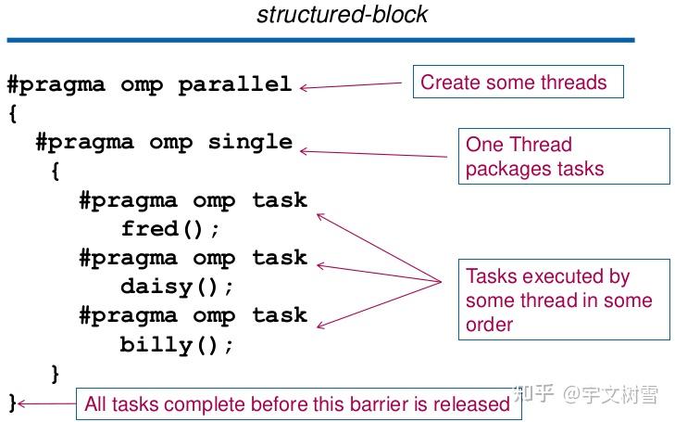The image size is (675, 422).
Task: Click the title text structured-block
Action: coord(342,14)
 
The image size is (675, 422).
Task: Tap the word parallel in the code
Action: coord(235,84)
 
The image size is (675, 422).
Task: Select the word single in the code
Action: coord(250,142)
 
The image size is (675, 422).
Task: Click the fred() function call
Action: coord(170,228)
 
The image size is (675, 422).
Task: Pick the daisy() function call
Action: coord(177,287)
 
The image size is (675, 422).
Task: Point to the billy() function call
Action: coord(177,344)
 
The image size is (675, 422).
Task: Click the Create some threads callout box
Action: coord(519,82)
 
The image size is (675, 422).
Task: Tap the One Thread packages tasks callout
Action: coord(564,156)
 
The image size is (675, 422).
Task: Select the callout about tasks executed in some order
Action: coord(564,300)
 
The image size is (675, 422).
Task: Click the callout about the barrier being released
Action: coord(299,403)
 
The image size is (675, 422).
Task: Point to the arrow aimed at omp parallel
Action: coord(351,85)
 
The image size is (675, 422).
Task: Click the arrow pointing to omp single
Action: coord(373,153)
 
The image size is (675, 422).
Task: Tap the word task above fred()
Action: coord(280,200)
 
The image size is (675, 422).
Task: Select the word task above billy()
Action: coord(280,315)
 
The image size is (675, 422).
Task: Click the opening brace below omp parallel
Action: coord(13,114)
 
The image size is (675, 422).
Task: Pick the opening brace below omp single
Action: coord(56,172)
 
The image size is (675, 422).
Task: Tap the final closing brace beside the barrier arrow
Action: coord(12,403)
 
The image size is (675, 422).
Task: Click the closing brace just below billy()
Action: coord(55,374)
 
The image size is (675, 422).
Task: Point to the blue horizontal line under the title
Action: coord(320,40)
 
